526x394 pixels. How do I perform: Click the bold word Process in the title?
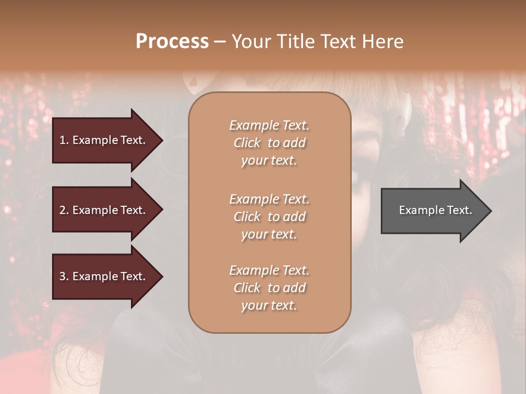[172, 42]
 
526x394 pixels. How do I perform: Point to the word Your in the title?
[251, 42]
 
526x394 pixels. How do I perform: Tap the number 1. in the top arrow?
[64, 140]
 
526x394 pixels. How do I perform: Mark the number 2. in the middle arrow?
[64, 210]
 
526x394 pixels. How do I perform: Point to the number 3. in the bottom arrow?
[64, 276]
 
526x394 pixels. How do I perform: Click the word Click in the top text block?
[247, 143]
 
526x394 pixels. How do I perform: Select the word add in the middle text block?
[294, 217]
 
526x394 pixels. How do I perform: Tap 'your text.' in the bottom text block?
[269, 305]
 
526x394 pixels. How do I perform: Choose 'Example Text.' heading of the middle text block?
[269, 199]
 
